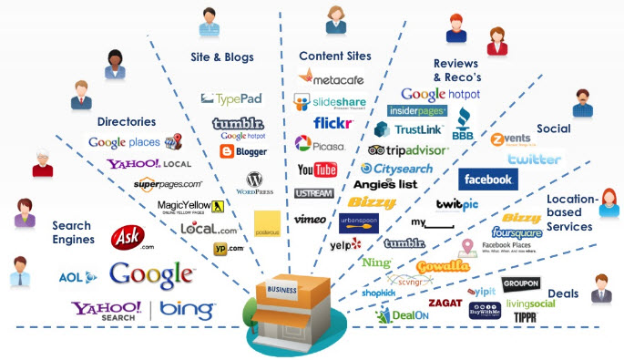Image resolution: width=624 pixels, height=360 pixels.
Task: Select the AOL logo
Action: click(x=71, y=277)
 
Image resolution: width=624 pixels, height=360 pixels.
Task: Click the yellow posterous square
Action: click(x=267, y=226)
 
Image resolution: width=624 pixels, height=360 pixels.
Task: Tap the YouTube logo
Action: click(x=317, y=170)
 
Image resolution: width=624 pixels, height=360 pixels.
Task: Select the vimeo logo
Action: click(x=310, y=220)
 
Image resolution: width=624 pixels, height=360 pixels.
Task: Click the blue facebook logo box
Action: click(x=487, y=180)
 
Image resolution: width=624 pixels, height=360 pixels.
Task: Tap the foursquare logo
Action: click(x=517, y=233)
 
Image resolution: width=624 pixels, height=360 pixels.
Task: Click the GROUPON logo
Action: click(x=520, y=283)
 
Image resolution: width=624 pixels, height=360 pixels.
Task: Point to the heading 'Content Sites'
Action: click(x=334, y=57)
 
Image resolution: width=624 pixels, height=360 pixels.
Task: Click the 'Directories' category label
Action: click(x=126, y=121)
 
